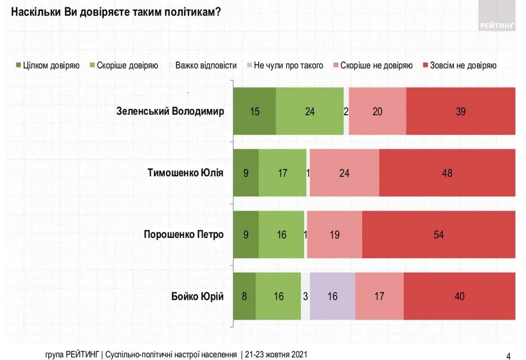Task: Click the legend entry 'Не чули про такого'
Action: point(284,66)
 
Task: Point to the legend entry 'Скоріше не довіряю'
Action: point(372,66)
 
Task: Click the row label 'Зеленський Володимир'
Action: point(170,111)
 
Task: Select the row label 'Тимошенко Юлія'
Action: point(185,173)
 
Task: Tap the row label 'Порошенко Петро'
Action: point(184,235)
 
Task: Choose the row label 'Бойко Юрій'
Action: point(197,296)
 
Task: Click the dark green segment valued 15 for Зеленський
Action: point(254,111)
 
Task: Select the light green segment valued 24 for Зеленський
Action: point(309,111)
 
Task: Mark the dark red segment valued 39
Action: point(460,111)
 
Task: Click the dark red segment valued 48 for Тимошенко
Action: point(447,173)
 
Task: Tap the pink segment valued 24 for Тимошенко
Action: point(345,173)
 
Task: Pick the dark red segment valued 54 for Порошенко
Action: point(438,235)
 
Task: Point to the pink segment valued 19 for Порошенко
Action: point(334,235)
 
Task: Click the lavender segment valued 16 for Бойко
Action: point(332,296)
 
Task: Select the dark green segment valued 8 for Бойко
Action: point(244,296)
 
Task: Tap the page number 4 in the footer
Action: point(508,355)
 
